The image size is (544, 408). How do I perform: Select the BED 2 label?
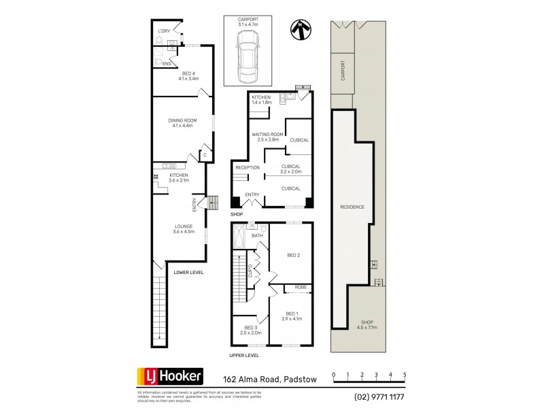click(294, 256)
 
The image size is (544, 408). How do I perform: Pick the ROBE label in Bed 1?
click(300, 288)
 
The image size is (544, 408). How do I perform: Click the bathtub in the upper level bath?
click(239, 238)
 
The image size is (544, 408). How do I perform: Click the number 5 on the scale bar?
click(405, 375)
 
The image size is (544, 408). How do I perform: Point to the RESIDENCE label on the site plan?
click(352, 207)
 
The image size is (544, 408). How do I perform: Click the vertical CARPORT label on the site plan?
click(343, 71)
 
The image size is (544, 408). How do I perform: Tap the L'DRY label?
click(164, 31)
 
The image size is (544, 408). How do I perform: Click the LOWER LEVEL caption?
click(188, 272)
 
